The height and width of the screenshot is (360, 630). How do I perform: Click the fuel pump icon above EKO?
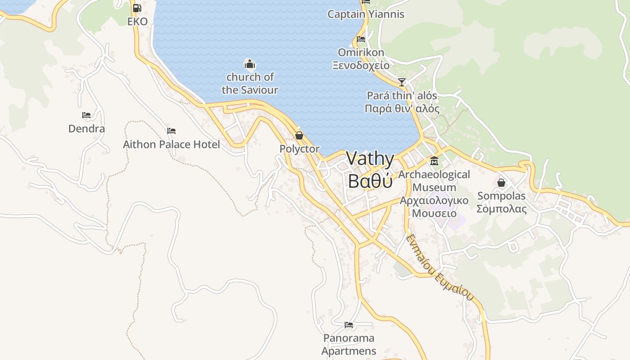(x=137, y=8)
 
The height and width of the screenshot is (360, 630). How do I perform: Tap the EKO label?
(x=137, y=21)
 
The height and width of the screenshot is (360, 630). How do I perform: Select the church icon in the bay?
(x=249, y=63)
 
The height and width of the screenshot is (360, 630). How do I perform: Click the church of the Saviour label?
(x=250, y=83)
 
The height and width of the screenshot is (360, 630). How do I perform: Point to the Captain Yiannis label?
(x=365, y=14)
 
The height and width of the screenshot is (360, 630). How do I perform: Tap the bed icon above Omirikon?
(x=360, y=39)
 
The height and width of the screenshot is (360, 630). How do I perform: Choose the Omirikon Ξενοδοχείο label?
(x=361, y=59)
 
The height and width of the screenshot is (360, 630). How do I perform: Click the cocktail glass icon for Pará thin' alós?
(x=401, y=82)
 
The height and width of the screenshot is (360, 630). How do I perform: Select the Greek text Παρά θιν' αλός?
(x=402, y=108)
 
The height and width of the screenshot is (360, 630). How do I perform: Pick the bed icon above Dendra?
(x=86, y=116)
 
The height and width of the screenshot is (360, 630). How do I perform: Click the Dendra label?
(x=86, y=129)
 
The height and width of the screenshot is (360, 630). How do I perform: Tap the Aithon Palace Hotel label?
(x=171, y=144)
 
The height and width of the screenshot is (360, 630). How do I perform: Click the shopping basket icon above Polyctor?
(x=299, y=135)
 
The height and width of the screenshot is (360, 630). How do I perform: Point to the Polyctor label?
(x=299, y=149)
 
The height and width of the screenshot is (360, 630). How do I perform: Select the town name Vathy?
(x=370, y=160)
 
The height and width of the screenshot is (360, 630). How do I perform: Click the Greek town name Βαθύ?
(x=370, y=181)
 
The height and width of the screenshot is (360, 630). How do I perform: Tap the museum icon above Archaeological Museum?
(x=434, y=161)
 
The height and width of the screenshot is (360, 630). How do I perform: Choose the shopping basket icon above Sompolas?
(x=501, y=183)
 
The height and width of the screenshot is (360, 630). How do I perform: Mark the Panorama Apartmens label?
(x=349, y=344)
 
